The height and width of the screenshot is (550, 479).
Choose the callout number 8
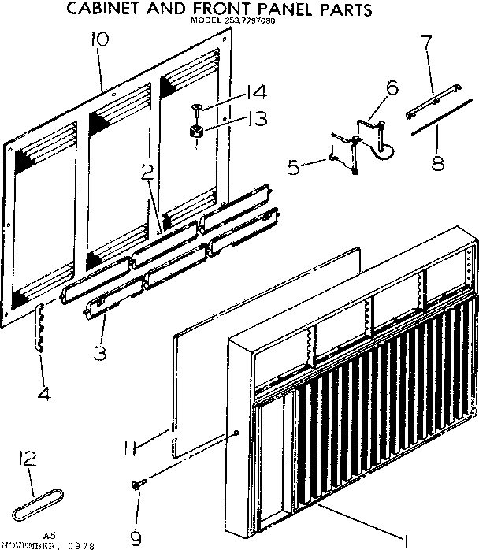436,164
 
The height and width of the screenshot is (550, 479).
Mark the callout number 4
44,391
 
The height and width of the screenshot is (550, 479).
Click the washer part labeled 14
195,108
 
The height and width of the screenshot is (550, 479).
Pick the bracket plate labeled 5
342,151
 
